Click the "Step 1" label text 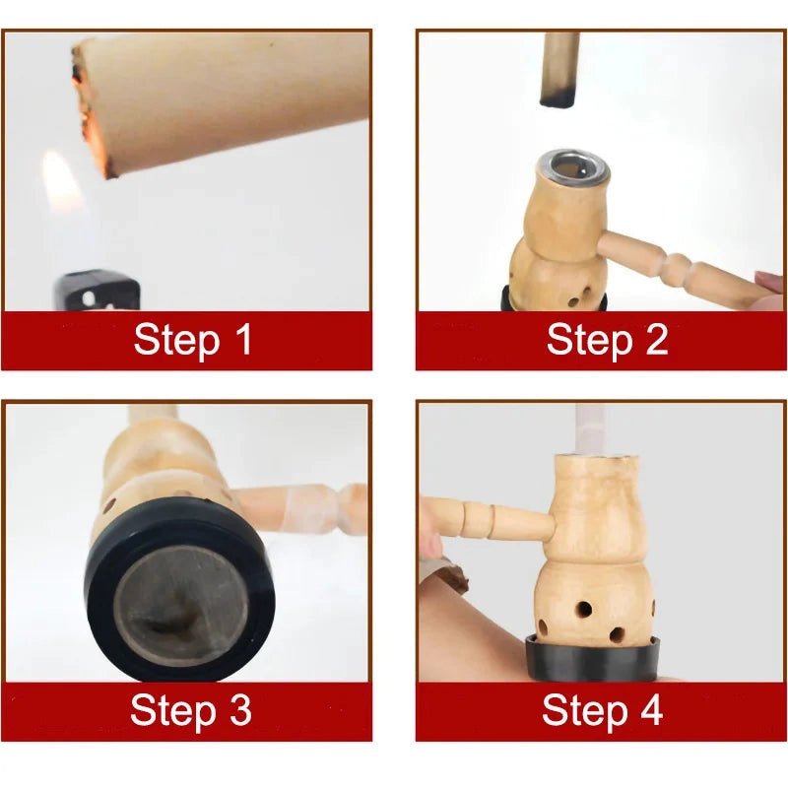point(193,340)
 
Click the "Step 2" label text point(607,340)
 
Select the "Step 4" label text point(602,710)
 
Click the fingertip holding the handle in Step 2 point(768,284)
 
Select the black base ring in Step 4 point(591,658)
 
